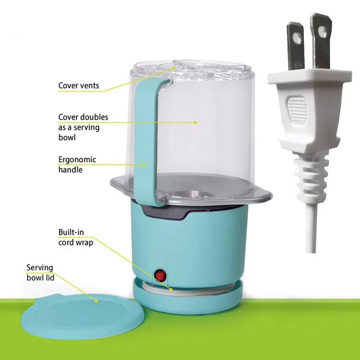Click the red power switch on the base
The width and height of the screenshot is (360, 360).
tap(160, 276)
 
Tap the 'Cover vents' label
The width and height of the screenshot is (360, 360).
tap(78, 85)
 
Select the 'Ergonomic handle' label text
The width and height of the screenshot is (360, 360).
tap(77, 165)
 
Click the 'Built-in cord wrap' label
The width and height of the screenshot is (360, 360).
tap(76, 237)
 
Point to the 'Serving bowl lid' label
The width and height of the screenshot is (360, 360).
tap(40, 273)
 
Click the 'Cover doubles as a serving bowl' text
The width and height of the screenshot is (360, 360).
tap(83, 127)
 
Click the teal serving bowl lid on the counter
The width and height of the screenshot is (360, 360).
tap(83, 316)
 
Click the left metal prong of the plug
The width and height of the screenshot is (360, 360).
tap(295, 46)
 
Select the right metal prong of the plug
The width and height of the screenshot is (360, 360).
tap(320, 41)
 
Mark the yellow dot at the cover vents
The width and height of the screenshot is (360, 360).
tap(175, 68)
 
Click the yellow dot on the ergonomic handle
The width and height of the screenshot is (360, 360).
tap(143, 164)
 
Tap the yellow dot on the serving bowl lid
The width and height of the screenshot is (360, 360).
tap(96, 301)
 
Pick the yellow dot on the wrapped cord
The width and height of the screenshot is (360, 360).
tap(171, 289)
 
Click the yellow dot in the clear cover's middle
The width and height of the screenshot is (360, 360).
tap(195, 122)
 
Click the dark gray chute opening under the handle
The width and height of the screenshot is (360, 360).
tap(165, 211)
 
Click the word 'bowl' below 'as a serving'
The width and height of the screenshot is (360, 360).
tap(67, 137)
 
